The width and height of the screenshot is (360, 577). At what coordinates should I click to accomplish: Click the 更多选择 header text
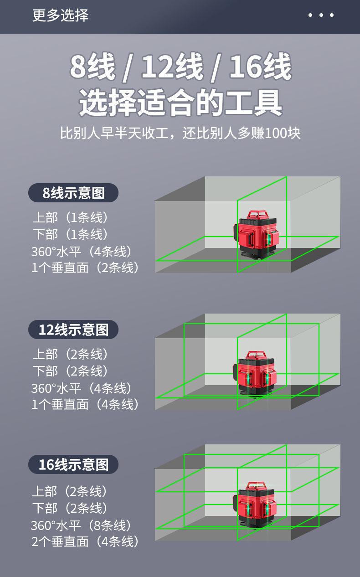[60, 15]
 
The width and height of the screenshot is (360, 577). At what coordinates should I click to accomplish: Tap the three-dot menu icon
[321, 15]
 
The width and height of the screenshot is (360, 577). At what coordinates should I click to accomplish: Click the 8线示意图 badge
[73, 193]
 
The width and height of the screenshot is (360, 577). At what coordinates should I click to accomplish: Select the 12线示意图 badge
[73, 330]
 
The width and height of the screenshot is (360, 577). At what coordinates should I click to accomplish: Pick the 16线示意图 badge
[73, 464]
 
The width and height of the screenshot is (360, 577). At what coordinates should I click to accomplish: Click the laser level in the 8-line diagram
[257, 235]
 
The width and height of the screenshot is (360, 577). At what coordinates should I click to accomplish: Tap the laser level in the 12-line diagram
[257, 373]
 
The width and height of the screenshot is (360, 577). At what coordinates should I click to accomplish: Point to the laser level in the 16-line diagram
[257, 505]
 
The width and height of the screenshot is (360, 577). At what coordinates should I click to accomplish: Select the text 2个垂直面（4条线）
[85, 541]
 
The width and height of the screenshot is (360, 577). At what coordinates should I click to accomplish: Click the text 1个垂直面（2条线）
[85, 268]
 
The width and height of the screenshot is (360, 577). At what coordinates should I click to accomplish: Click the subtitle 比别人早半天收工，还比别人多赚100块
[180, 133]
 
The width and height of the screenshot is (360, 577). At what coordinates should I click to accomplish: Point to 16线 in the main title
[260, 67]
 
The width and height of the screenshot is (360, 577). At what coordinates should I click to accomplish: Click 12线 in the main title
[172, 67]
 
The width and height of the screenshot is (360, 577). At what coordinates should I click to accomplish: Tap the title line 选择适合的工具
[180, 102]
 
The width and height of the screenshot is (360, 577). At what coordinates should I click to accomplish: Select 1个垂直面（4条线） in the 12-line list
[85, 404]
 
